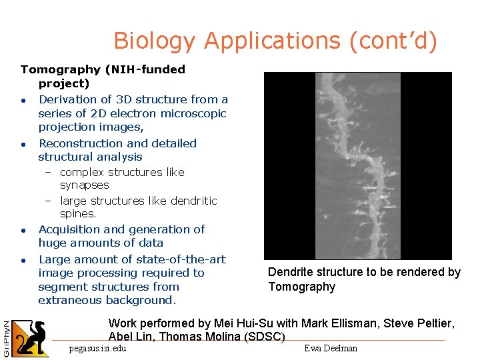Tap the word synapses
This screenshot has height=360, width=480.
click(85, 185)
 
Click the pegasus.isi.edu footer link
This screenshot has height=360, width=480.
click(97, 348)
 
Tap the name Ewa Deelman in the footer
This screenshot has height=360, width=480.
click(331, 348)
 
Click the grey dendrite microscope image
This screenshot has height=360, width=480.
click(357, 165)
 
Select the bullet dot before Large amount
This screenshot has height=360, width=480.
click(23, 260)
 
